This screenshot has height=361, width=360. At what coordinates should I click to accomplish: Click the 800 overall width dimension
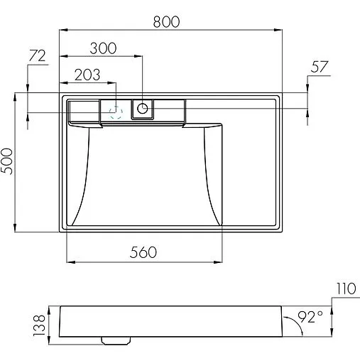(x=166, y=22)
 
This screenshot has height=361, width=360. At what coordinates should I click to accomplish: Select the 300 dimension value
(x=103, y=48)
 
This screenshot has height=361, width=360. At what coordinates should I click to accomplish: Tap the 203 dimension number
(x=87, y=75)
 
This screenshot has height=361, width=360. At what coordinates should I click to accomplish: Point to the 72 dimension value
(x=37, y=56)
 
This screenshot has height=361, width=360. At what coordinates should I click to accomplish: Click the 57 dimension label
(x=320, y=67)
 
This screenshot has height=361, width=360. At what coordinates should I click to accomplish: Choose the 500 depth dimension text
(x=7, y=161)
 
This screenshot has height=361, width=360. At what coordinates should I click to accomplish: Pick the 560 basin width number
(x=143, y=252)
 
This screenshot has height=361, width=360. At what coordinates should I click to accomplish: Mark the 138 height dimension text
(x=39, y=325)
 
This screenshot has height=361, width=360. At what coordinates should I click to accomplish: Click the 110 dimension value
(x=346, y=289)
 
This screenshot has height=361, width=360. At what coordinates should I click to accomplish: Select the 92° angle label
(x=310, y=317)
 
